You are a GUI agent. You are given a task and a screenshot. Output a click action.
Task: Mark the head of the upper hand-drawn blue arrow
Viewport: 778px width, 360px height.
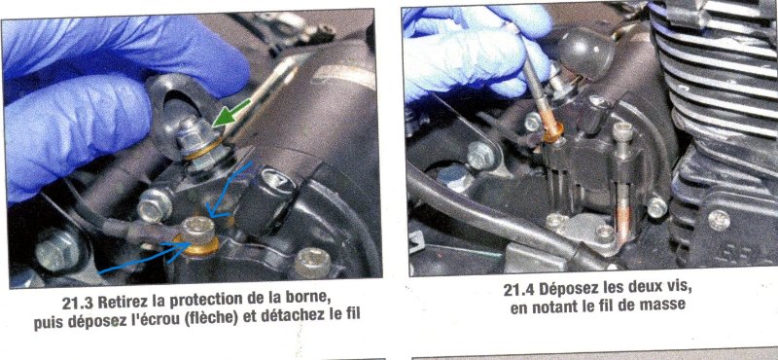point(214,212)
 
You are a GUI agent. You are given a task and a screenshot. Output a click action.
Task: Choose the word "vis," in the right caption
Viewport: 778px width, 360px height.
point(678,288)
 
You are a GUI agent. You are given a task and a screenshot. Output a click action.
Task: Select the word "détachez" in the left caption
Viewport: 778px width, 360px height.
point(288,315)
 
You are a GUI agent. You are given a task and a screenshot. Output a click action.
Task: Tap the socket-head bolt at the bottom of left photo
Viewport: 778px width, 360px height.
point(312,263)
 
